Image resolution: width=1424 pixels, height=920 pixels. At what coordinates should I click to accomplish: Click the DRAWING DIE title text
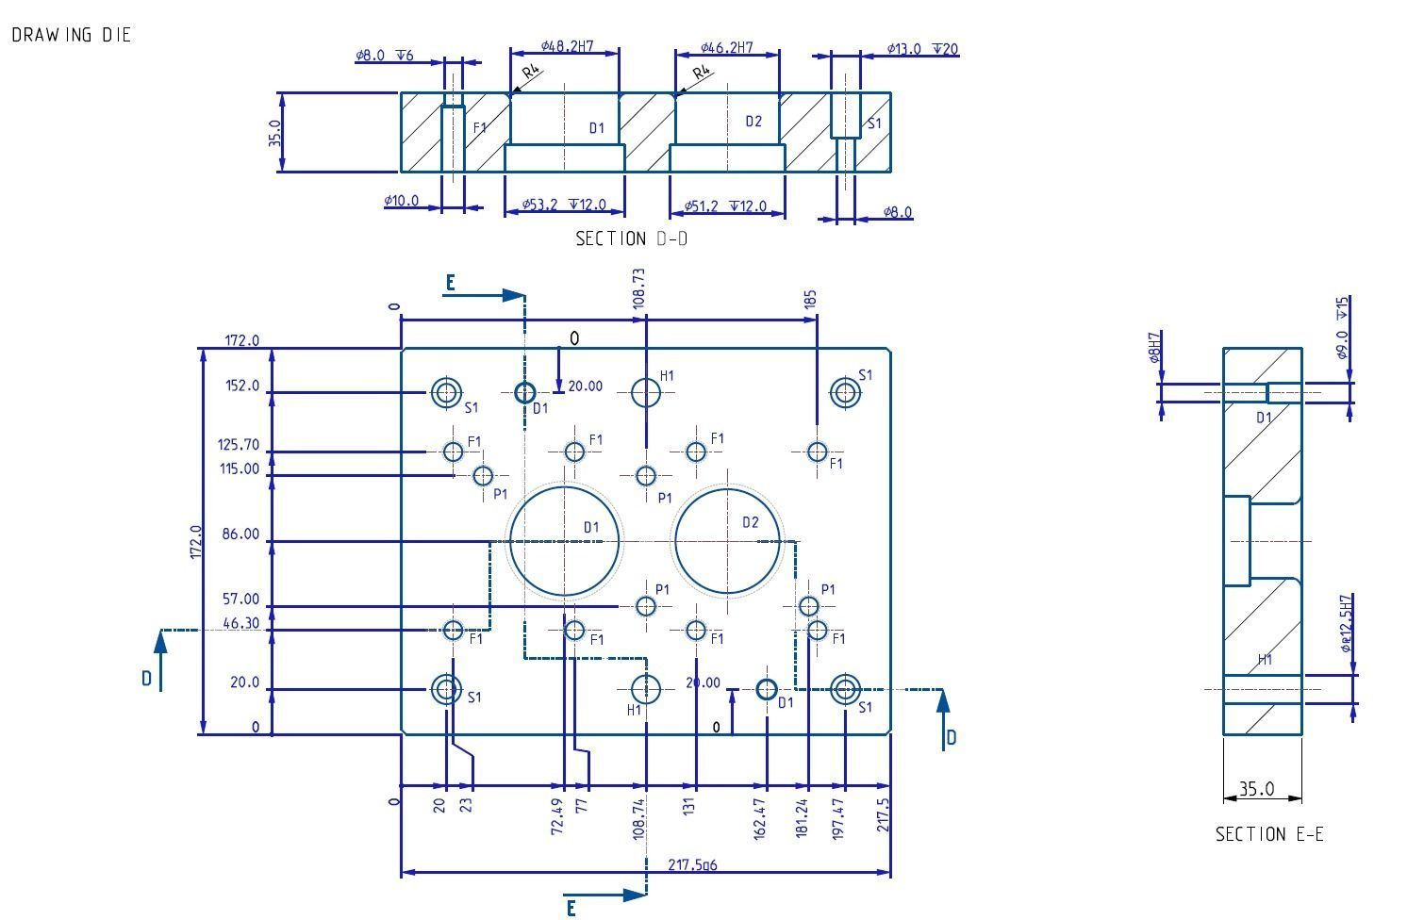click(x=72, y=35)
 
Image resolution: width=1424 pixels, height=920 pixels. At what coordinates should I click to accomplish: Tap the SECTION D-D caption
click(x=631, y=238)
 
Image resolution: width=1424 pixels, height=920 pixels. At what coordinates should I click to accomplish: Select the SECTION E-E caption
click(x=1268, y=834)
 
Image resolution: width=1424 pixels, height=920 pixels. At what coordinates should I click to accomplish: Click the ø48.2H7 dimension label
click(x=568, y=46)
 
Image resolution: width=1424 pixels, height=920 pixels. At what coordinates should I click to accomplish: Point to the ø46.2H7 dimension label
click(x=727, y=47)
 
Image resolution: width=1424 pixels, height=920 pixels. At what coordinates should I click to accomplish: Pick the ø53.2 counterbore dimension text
click(x=565, y=205)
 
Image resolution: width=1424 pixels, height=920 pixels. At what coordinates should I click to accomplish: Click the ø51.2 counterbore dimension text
click(x=727, y=206)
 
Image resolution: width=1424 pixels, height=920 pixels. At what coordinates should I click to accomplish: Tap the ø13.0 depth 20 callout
click(x=922, y=49)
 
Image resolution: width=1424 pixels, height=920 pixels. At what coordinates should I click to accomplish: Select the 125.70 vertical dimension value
click(x=239, y=445)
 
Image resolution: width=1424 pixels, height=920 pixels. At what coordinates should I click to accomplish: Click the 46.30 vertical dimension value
click(x=240, y=623)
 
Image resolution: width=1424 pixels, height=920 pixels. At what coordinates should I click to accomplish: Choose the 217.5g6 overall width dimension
click(x=692, y=864)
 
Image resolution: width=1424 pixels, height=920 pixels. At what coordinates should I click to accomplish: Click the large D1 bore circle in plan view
click(x=565, y=541)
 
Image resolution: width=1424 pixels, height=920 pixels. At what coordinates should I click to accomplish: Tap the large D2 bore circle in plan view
click(x=728, y=541)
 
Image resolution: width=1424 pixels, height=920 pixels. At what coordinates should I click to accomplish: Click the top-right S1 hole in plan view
click(x=845, y=392)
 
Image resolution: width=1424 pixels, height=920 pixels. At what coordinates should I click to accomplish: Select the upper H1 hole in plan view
click(x=646, y=392)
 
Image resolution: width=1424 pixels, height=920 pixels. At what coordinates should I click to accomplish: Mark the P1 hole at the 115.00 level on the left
click(x=483, y=475)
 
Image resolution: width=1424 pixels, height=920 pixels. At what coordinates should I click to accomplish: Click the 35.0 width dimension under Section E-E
click(x=1256, y=789)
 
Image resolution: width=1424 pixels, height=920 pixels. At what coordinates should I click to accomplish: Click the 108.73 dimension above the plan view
click(x=639, y=287)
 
